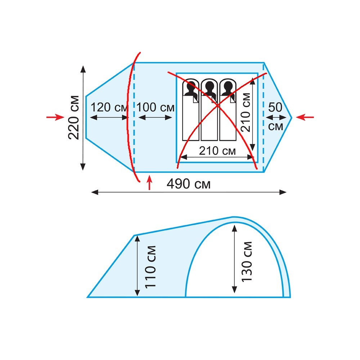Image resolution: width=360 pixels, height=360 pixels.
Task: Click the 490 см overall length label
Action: coord(189,184)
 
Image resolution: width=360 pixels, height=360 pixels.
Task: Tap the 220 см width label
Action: coord(74,118)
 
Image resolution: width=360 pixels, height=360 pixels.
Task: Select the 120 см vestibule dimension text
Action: coord(109,107)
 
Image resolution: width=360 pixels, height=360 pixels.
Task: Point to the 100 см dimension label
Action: coord(156,107)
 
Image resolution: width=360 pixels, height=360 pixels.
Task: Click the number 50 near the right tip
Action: coord(275,107)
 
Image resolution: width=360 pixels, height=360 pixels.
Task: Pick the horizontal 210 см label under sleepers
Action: coord(217,151)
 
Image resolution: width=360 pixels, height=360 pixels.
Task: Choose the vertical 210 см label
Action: coord(246,112)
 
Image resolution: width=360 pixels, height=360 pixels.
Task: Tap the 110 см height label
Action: coord(150,266)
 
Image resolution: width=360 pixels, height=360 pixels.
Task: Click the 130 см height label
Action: coord(247,261)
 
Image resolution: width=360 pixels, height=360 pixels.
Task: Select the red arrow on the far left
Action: coord(55,117)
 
